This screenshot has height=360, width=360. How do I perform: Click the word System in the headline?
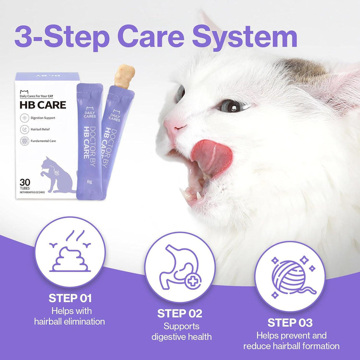coord(245,37)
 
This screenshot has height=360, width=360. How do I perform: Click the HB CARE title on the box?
coord(43,105)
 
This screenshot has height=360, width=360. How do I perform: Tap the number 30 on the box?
coord(25,182)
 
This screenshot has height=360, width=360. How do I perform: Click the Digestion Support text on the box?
coord(43,118)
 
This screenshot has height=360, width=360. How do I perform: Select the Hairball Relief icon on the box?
coord(24,129)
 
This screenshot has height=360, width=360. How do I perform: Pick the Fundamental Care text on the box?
coord(43,141)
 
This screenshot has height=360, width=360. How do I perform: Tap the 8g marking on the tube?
coord(89,182)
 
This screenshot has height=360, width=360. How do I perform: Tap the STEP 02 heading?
coord(180,313)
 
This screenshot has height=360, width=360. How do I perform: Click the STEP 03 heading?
coord(290,323)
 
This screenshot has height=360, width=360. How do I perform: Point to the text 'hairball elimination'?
coord(69,321)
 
